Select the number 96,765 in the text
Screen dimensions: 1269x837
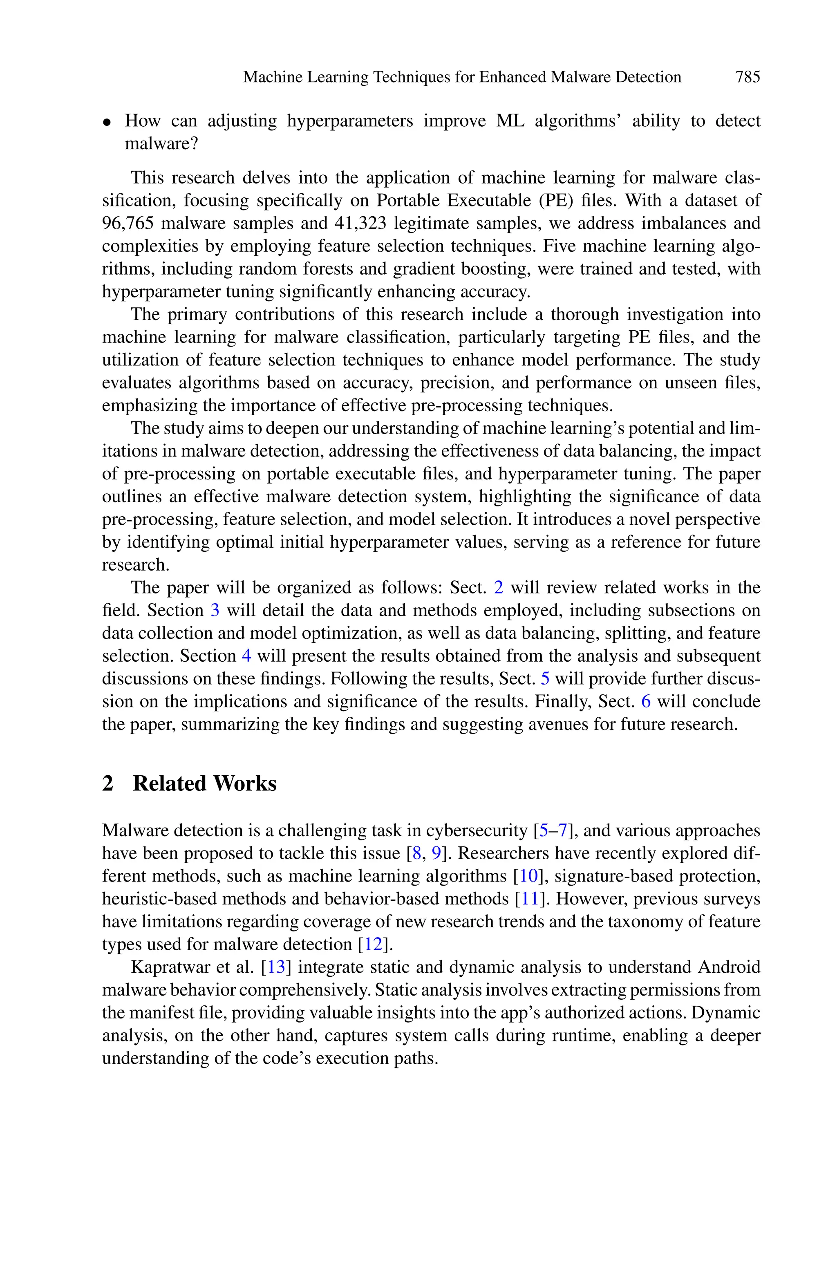point(127,223)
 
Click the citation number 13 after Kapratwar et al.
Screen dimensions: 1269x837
point(277,967)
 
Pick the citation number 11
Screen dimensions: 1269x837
point(530,899)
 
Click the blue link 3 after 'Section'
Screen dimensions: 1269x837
point(215,610)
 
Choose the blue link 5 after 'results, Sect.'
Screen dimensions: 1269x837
point(545,678)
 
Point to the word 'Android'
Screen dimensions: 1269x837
point(729,967)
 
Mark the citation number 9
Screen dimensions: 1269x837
point(436,853)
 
